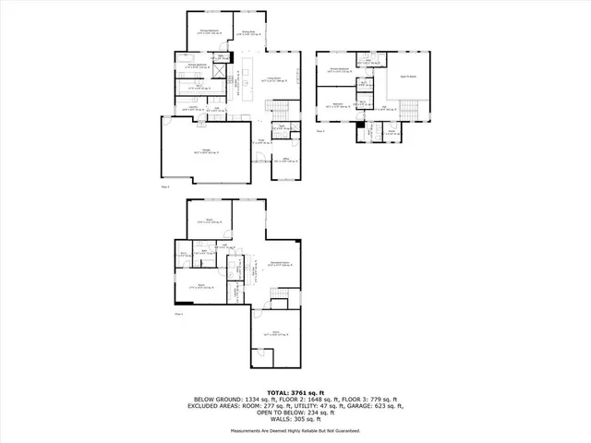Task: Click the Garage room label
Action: click(x=201, y=151)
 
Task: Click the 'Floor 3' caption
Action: click(x=320, y=131)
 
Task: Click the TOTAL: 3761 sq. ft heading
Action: click(x=295, y=392)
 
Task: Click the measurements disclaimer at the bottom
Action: click(x=295, y=430)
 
